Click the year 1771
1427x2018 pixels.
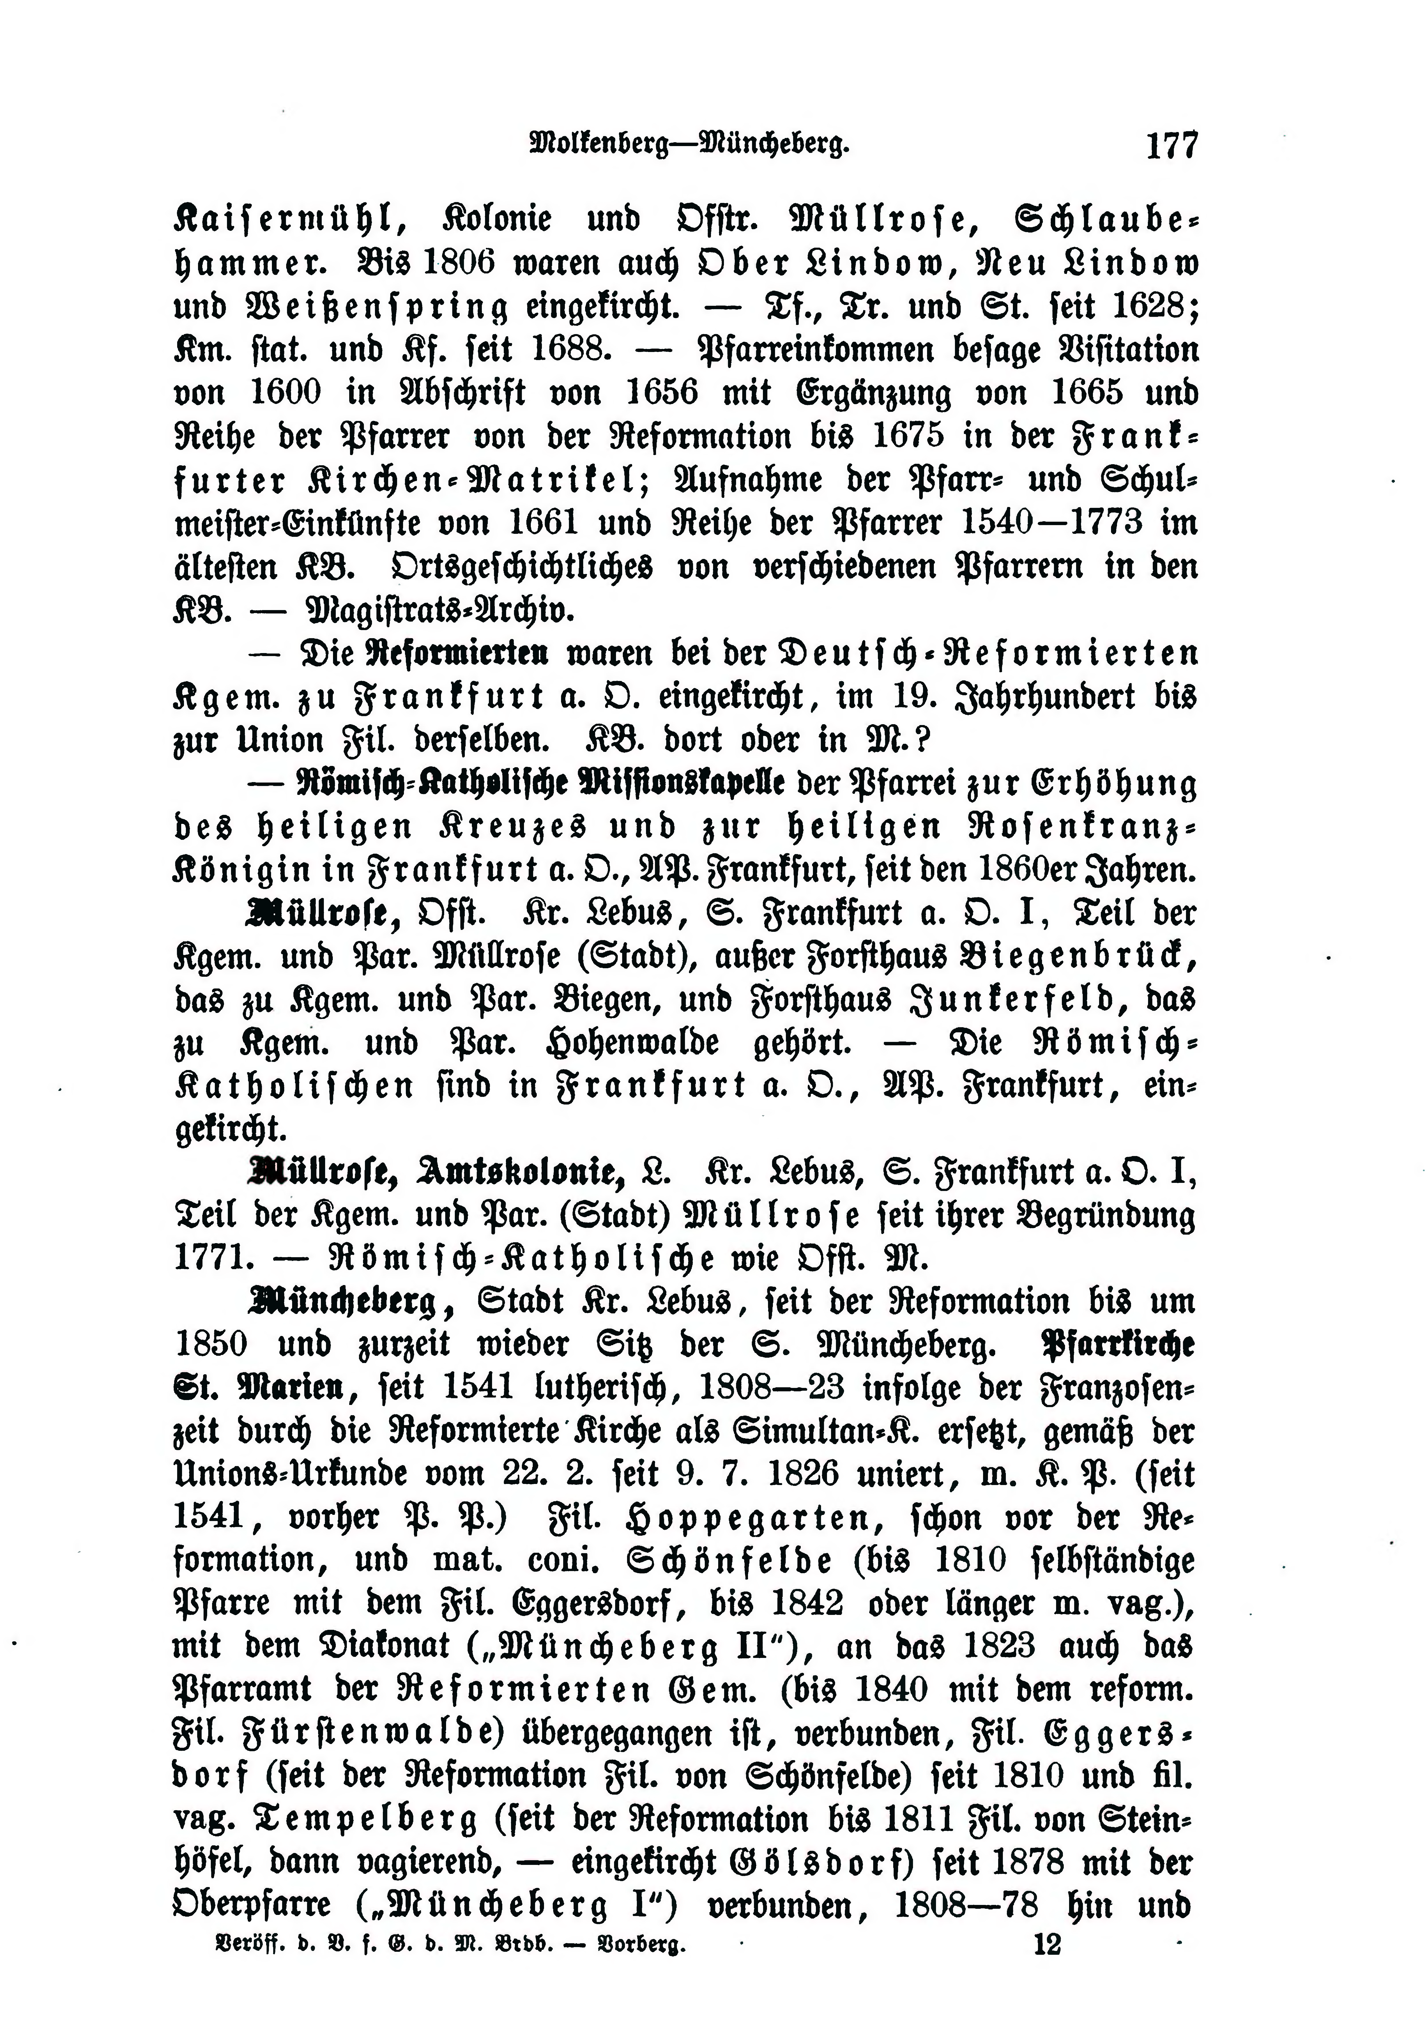[210, 1259]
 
